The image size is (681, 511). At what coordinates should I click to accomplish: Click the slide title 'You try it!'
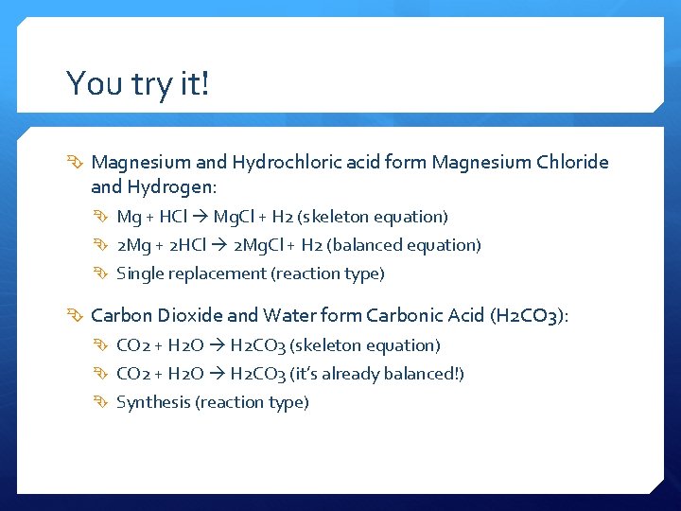137,84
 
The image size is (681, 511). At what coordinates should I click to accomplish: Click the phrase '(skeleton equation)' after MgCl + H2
372,217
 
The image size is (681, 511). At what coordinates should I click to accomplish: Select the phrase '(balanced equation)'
404,245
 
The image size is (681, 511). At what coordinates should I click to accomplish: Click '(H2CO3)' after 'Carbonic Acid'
529,316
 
